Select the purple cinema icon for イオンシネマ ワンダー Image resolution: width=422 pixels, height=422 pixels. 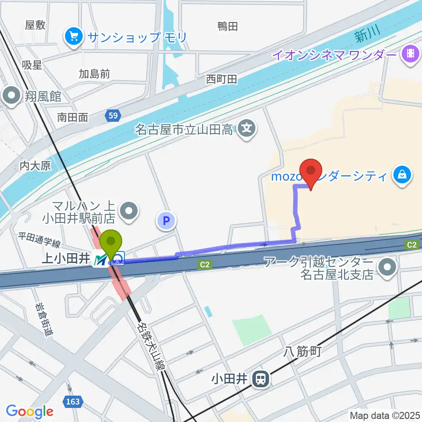(x=411, y=54)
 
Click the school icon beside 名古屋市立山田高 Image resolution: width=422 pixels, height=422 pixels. (x=247, y=129)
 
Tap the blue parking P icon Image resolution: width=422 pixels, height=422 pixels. (x=167, y=221)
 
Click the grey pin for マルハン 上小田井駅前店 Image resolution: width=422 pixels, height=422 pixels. (x=129, y=211)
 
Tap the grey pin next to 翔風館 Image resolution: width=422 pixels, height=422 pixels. (x=11, y=96)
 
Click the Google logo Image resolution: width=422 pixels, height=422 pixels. (x=29, y=411)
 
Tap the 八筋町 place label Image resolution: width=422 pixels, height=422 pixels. (x=303, y=351)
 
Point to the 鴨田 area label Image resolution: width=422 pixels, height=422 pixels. (x=228, y=26)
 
